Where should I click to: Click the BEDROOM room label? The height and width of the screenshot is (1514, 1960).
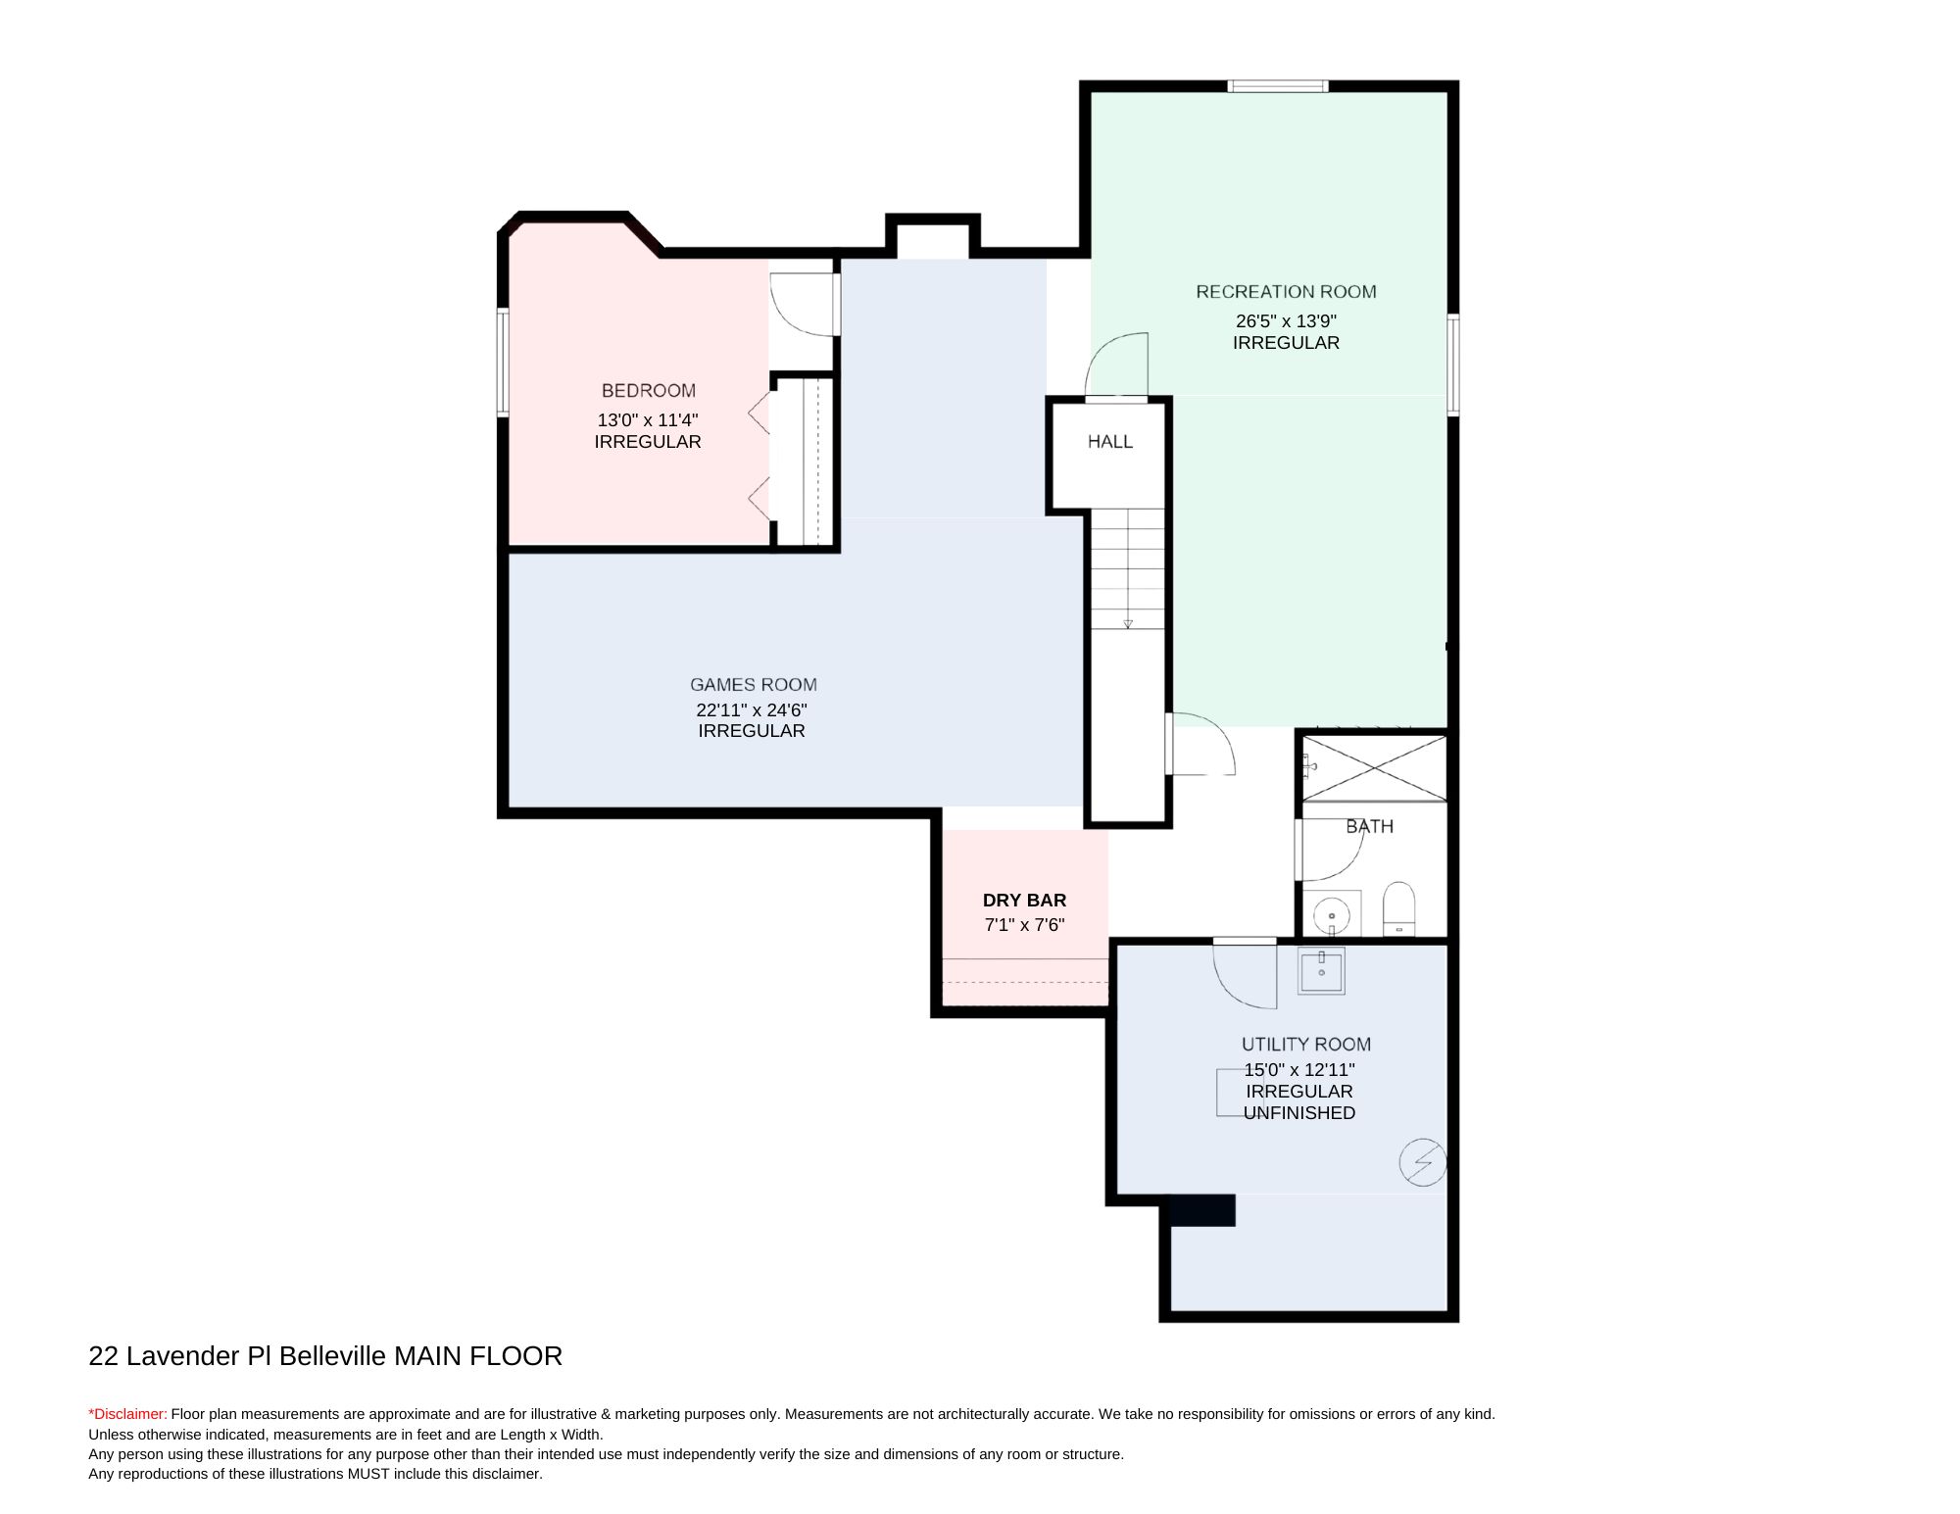coord(648,390)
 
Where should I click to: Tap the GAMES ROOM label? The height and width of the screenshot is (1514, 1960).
coord(753,684)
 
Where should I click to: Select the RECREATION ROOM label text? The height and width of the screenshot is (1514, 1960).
coord(1286,291)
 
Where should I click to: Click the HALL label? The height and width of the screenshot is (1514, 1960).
coord(1110,442)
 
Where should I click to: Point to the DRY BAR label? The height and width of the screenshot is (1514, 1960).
coord(1024,900)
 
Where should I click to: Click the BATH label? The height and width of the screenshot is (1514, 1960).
coord(1369,826)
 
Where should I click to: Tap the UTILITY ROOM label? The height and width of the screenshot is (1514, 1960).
coord(1305,1044)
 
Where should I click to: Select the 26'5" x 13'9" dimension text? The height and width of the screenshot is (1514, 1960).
coord(1286,320)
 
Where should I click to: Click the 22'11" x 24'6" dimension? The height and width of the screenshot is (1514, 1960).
coord(752,709)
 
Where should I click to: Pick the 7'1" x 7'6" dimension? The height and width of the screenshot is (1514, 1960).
coord(1024,924)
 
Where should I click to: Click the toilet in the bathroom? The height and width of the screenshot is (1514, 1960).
coord(1399,908)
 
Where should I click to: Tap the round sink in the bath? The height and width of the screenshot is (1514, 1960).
coord(1332,917)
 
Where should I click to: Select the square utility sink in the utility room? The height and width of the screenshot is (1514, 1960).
coord(1321,971)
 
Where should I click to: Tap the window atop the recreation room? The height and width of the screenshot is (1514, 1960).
coord(1279,86)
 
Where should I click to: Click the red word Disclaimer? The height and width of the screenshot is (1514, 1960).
coord(128,1414)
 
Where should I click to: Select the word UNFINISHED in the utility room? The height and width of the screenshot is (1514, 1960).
coord(1299,1112)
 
